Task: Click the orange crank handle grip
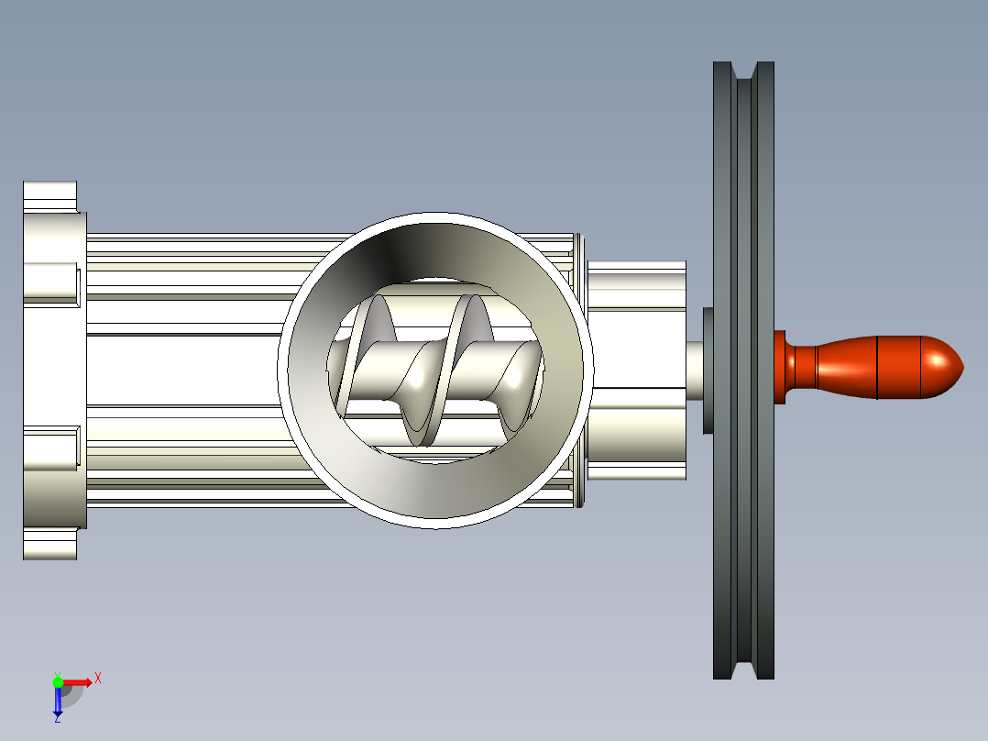pos(876,367)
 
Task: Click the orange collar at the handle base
pos(779,367)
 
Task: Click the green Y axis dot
pos(58,681)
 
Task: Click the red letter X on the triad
pos(98,679)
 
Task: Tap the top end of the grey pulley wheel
pos(743,63)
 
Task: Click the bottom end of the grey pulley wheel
pos(743,677)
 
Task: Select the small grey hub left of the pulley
pos(708,370)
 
